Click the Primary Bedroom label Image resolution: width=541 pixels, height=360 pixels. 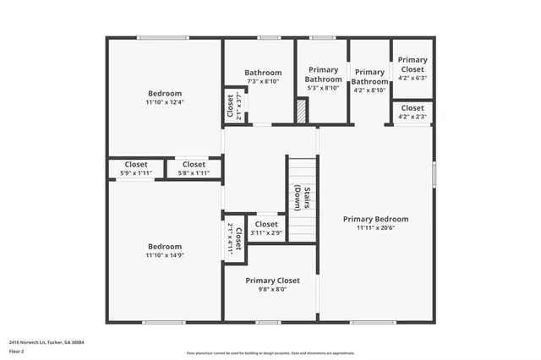375,218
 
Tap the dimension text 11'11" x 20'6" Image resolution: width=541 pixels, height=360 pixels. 375,227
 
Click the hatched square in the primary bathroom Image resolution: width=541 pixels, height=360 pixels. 301,112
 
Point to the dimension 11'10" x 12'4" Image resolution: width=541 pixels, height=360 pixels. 164,102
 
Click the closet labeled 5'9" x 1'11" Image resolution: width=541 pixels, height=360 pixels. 136,169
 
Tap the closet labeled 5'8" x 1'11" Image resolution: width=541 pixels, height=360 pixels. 194,169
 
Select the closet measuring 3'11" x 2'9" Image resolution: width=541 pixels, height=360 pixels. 266,229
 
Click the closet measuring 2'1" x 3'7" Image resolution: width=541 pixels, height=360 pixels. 231,106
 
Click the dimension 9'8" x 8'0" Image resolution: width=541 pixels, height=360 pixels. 272,289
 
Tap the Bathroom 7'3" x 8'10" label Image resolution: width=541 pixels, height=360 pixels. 263,77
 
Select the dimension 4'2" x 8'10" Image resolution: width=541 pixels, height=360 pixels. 369,90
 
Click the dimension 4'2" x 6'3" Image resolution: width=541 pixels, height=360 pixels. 413,77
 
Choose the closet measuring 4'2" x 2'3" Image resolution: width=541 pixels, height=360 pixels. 413,112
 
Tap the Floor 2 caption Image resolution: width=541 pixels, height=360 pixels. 15,350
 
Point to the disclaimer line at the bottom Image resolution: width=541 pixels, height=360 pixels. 270,352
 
